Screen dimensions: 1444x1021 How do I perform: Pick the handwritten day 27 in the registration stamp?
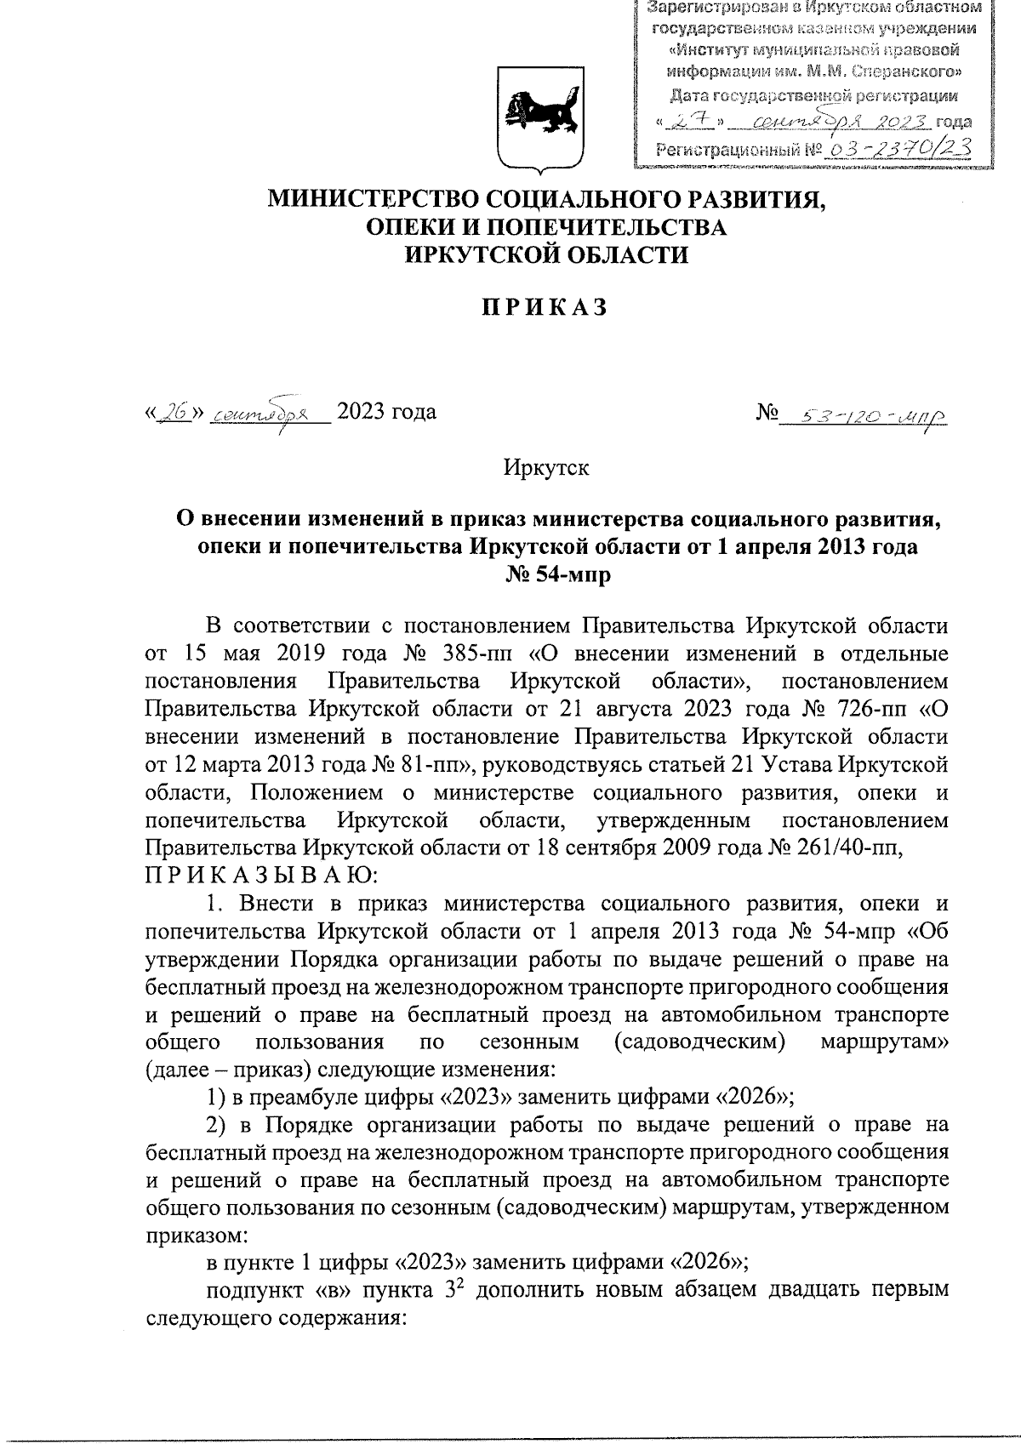[695, 122]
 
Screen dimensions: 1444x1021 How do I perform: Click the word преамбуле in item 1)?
[303, 1096]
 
